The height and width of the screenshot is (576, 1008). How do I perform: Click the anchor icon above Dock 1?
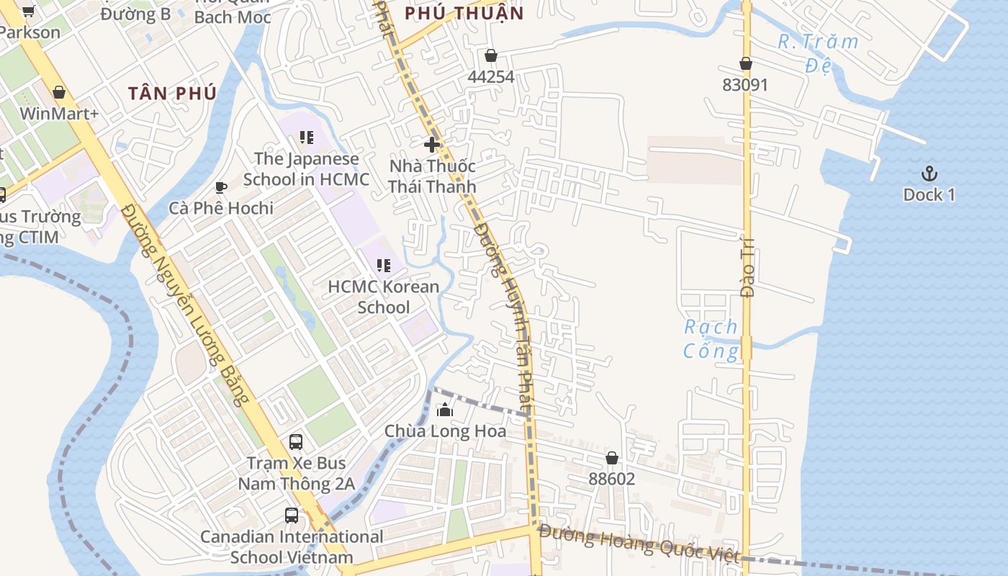pos(930,173)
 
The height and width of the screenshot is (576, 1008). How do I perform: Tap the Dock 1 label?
pos(929,194)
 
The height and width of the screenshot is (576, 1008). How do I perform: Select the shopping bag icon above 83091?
pos(746,63)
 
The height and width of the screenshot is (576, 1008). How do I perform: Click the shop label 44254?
pos(491,76)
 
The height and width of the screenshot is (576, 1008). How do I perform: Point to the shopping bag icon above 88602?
pos(611,458)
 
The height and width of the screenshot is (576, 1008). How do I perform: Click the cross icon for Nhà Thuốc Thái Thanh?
pos(432,144)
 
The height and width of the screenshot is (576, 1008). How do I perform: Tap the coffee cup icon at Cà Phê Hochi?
pos(221,187)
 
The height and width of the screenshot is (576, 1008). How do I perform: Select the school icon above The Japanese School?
pos(307,137)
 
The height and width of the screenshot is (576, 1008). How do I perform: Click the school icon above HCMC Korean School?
pos(384,266)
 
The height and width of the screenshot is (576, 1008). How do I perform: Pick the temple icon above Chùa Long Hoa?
pos(445,410)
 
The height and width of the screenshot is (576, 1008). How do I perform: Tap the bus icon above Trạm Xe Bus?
pos(296,441)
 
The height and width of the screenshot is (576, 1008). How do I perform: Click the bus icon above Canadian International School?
pos(291,516)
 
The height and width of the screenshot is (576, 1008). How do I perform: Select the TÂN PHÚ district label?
pos(172,93)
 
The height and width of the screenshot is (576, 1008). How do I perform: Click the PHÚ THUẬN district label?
pos(464,13)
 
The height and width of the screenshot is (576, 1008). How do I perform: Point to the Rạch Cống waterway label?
pos(711,339)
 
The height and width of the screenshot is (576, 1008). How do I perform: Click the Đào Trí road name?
pos(747,266)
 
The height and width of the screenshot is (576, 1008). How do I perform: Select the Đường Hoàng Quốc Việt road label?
pos(639,544)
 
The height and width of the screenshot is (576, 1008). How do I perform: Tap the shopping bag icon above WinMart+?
pos(59,92)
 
